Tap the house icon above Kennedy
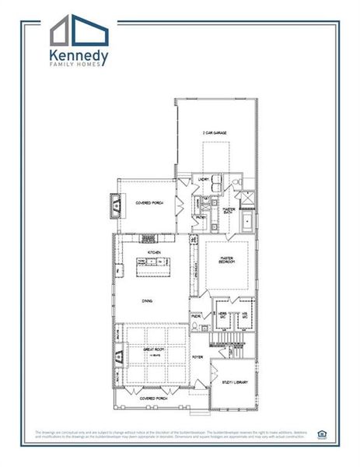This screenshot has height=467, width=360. (80, 30)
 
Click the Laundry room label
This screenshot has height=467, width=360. (204, 181)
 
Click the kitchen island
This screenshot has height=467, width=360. (153, 268)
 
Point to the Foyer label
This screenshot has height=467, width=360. (197, 357)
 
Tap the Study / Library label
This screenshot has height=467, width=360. (232, 382)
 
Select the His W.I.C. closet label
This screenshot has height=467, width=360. (244, 314)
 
